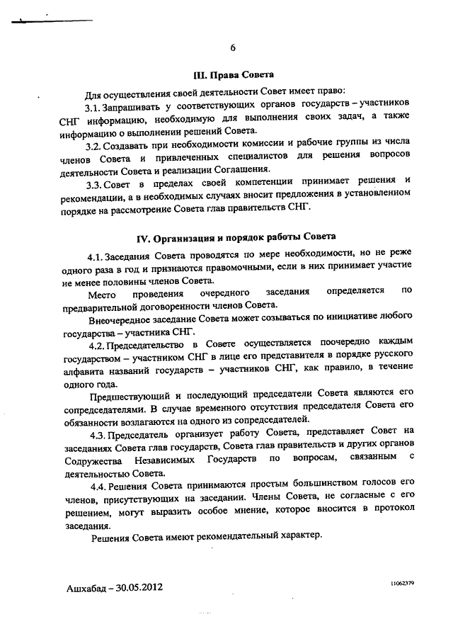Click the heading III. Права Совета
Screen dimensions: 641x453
point(234,74)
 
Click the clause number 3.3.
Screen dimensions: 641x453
point(94,183)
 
